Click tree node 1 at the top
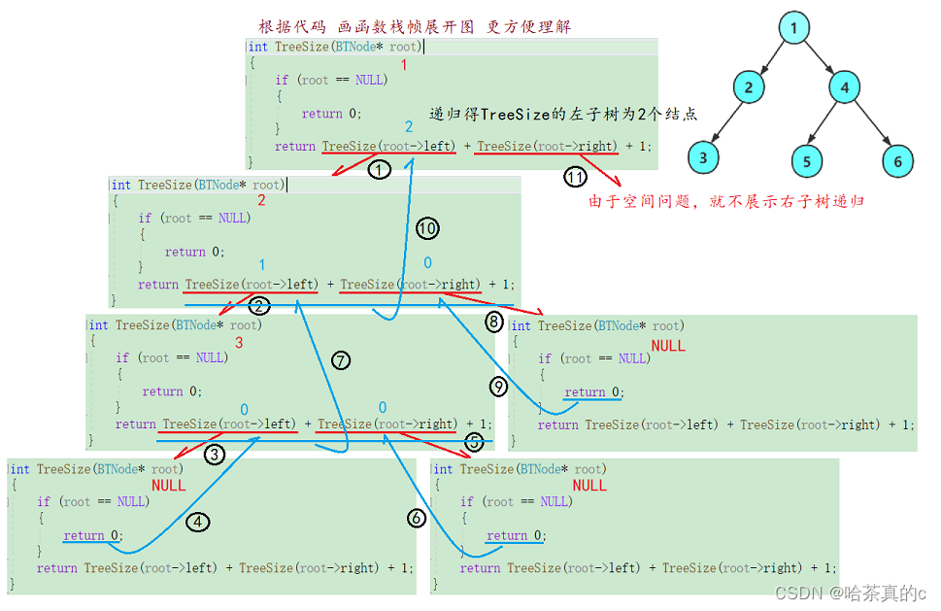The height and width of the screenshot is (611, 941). point(793,28)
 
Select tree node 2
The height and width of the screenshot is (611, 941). point(749,88)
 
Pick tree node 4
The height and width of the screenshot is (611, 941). point(845,88)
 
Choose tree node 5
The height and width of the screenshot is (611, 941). point(806,160)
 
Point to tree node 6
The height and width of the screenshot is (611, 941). point(898,160)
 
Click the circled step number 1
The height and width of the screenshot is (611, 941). point(380,170)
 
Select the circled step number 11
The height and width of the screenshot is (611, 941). point(575,177)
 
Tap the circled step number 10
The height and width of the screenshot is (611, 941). point(427,229)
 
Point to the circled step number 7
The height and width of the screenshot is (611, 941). point(340,360)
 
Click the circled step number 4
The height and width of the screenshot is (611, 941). point(197,522)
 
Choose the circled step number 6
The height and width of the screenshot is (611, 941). point(417,519)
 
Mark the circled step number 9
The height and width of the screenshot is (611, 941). point(498,387)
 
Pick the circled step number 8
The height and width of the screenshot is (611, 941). point(494,321)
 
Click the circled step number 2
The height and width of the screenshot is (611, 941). point(258,307)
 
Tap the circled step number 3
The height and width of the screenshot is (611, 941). point(215,453)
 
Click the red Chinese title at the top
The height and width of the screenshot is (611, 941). point(415,26)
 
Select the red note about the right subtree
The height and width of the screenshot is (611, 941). point(726,202)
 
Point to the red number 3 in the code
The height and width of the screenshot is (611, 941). point(239,343)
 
